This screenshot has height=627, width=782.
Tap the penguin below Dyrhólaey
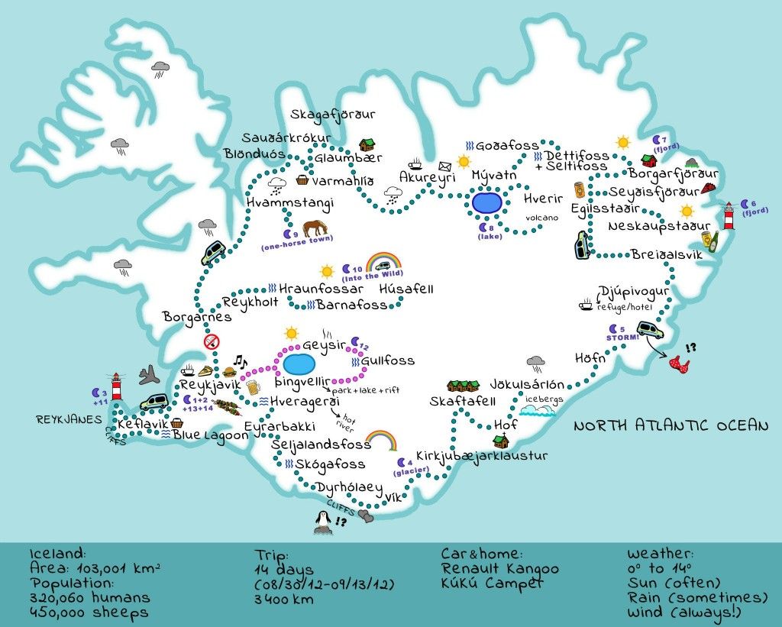[323, 521]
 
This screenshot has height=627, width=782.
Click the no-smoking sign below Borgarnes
[212, 343]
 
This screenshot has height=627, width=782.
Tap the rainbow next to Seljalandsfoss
[380, 441]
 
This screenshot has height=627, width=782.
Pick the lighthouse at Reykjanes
[117, 386]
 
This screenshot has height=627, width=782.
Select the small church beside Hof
[502, 441]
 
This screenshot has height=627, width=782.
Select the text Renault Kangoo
[500, 569]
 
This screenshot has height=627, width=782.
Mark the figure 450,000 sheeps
[89, 612]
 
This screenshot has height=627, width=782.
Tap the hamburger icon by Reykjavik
[229, 373]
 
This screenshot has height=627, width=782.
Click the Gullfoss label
[387, 360]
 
